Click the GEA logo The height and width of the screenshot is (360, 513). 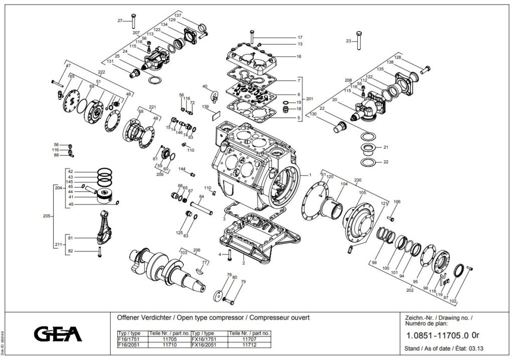(x=58, y=333)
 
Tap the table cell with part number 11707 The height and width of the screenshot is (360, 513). (x=248, y=339)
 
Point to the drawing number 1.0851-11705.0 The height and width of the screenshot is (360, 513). (x=437, y=335)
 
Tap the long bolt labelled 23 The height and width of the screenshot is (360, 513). (x=359, y=40)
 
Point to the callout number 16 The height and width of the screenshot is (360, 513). (x=299, y=57)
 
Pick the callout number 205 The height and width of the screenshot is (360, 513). (x=47, y=216)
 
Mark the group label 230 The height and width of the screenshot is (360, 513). (x=358, y=180)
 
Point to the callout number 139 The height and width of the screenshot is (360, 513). (x=205, y=107)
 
